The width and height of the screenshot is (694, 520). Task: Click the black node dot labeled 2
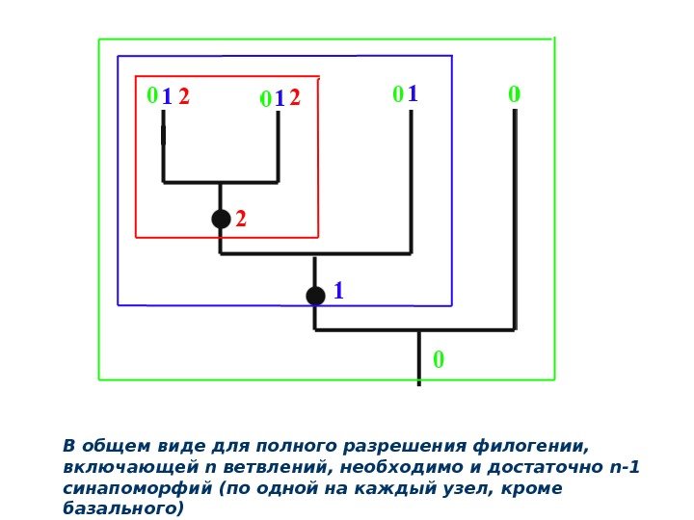coord(221,220)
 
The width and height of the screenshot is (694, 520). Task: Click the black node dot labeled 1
coord(315,296)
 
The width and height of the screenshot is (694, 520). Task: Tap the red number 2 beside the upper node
coord(241,221)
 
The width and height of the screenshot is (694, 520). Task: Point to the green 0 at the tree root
coord(439,360)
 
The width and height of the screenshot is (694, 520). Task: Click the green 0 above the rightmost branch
coord(514,95)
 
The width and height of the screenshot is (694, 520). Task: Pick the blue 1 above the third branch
coord(413,95)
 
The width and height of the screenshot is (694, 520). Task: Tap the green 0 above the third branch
coord(397,95)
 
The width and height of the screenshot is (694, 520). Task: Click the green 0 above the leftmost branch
coord(151,96)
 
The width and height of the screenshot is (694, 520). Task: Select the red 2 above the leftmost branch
coord(184,97)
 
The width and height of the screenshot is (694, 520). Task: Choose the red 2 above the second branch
coord(295,98)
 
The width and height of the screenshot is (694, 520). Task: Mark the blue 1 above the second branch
coord(280,99)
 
